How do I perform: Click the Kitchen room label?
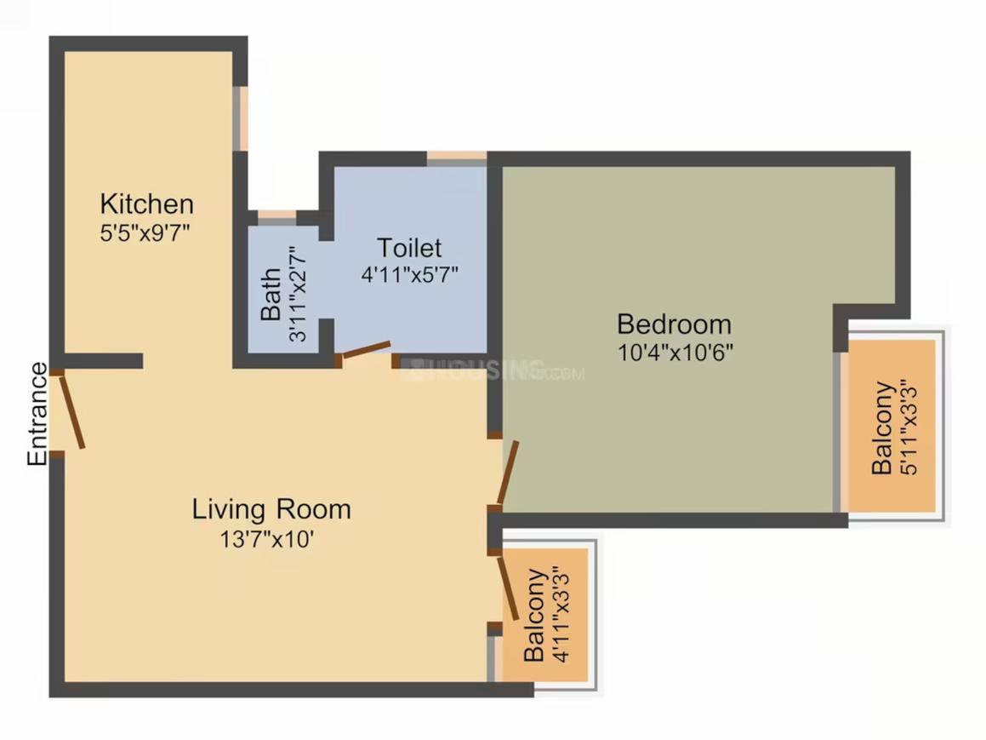tap(146, 204)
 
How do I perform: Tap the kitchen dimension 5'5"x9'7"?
tap(144, 232)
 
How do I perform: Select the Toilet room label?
tap(409, 248)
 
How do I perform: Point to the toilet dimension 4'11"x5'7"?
tap(411, 276)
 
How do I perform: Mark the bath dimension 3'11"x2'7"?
tap(296, 295)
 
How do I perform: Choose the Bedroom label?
tap(674, 324)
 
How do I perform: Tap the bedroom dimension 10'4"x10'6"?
tap(675, 351)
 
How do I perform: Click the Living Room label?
tap(271, 509)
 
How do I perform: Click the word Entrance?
tap(37, 414)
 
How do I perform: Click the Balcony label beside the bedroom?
tap(882, 428)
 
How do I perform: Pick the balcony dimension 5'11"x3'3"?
tap(909, 428)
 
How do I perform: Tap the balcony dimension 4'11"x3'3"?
tap(559, 615)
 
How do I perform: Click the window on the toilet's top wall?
tap(456, 158)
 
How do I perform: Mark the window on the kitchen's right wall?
tap(241, 118)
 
